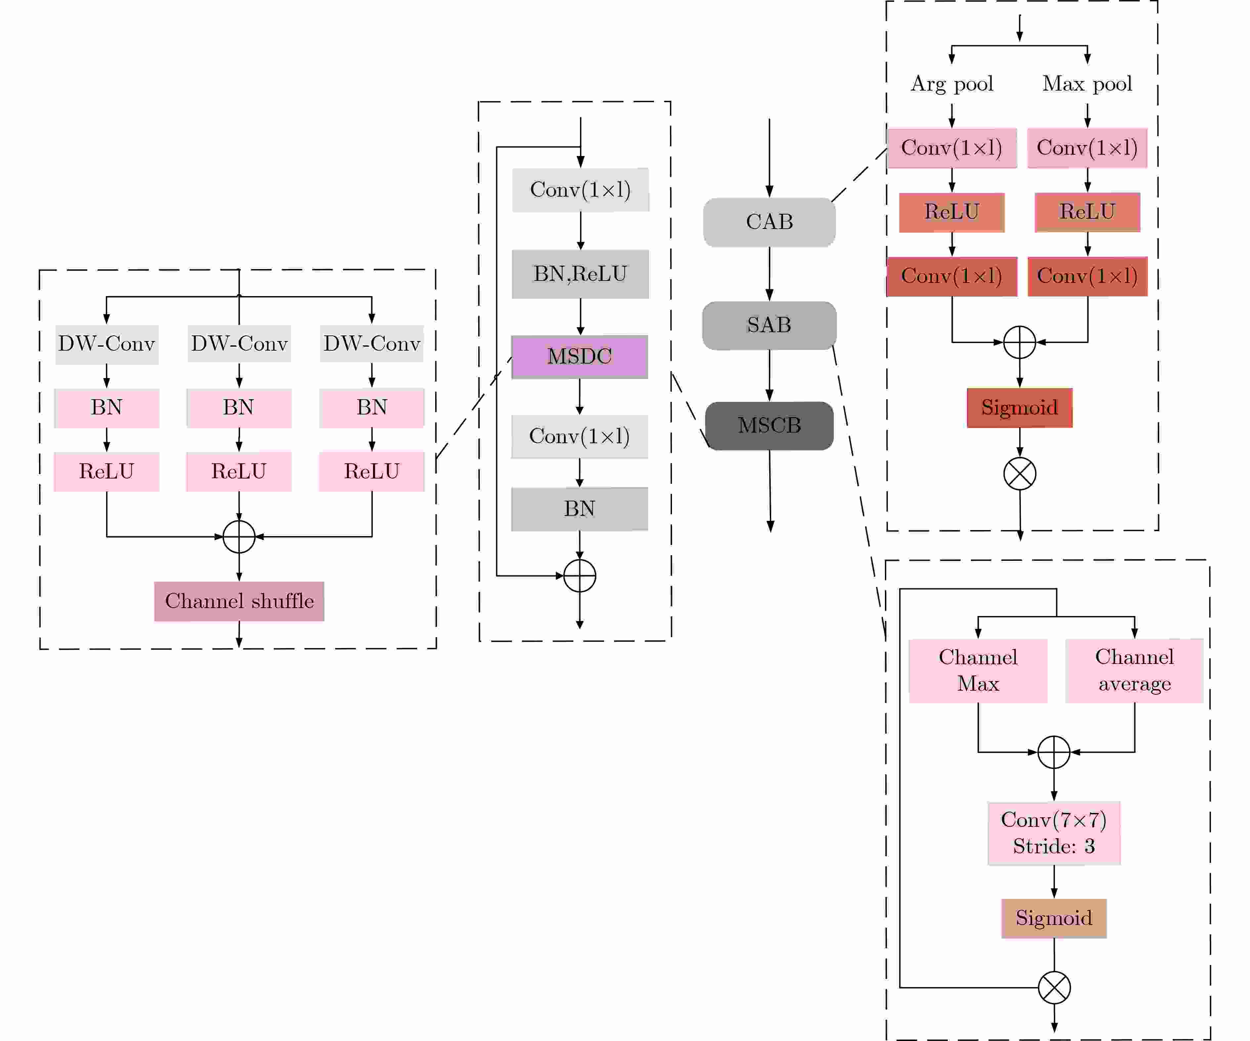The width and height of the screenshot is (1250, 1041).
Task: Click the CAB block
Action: point(769,222)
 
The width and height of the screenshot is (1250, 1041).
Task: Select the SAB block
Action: point(769,325)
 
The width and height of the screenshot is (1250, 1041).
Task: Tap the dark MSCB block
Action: point(769,425)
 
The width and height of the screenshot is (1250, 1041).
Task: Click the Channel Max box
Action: point(978,671)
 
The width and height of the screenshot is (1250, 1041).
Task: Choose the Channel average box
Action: point(1135,671)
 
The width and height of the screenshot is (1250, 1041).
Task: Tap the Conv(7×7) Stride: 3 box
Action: point(1054,833)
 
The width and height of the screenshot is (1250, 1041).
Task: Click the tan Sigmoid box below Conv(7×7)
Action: point(1054,918)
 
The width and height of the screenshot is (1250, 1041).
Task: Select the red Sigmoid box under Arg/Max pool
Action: point(1020,407)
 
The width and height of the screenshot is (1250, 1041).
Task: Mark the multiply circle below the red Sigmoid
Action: point(1020,474)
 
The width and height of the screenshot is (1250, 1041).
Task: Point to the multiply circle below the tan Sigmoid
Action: point(1054,987)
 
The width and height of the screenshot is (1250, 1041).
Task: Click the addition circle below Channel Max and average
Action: point(1054,752)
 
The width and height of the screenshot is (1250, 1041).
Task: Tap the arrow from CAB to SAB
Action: point(769,274)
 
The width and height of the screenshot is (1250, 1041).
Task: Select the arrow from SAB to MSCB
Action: point(769,375)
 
